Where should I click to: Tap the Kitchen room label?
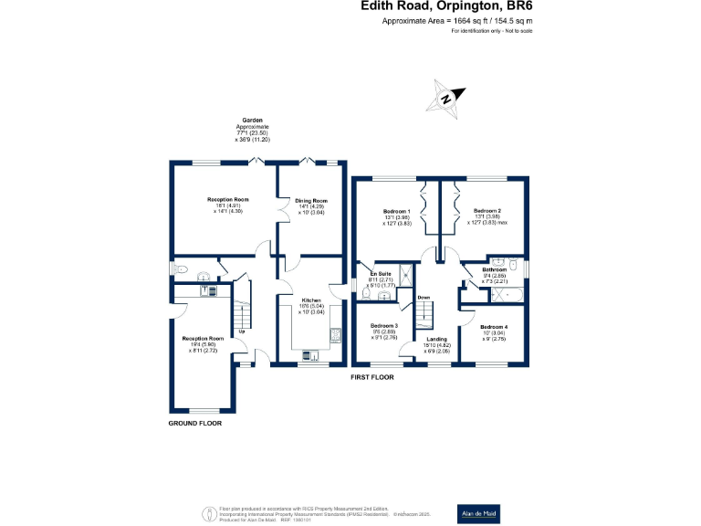[x=311, y=299]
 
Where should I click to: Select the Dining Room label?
[x=310, y=200]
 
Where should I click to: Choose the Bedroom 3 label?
[x=383, y=326]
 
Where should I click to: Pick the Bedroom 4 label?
[x=494, y=327]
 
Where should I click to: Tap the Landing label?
[x=437, y=340]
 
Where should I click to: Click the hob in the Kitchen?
[x=335, y=333]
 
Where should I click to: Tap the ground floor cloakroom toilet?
[x=181, y=269]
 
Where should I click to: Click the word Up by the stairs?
[x=242, y=331]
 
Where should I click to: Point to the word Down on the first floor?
[x=424, y=298]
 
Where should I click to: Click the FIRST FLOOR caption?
[x=372, y=376]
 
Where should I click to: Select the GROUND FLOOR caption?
[x=195, y=424]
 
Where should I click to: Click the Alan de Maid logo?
[x=478, y=511]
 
